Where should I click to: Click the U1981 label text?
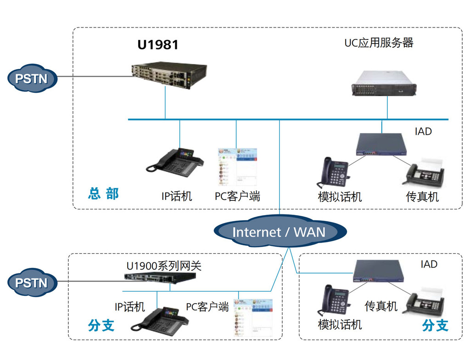(158, 45)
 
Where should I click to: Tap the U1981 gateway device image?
(169, 75)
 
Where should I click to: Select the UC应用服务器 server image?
(384, 83)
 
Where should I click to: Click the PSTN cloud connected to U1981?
(32, 78)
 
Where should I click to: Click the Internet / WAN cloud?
(280, 232)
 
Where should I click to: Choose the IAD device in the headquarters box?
(381, 144)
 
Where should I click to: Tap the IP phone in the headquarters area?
(175, 162)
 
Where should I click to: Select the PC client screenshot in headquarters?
(237, 166)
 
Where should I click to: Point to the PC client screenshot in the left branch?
(253, 317)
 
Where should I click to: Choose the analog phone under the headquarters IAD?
(333, 172)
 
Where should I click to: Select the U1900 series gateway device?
(160, 278)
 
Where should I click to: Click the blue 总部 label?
(103, 194)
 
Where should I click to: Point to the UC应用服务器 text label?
(379, 43)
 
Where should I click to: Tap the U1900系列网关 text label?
(164, 266)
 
